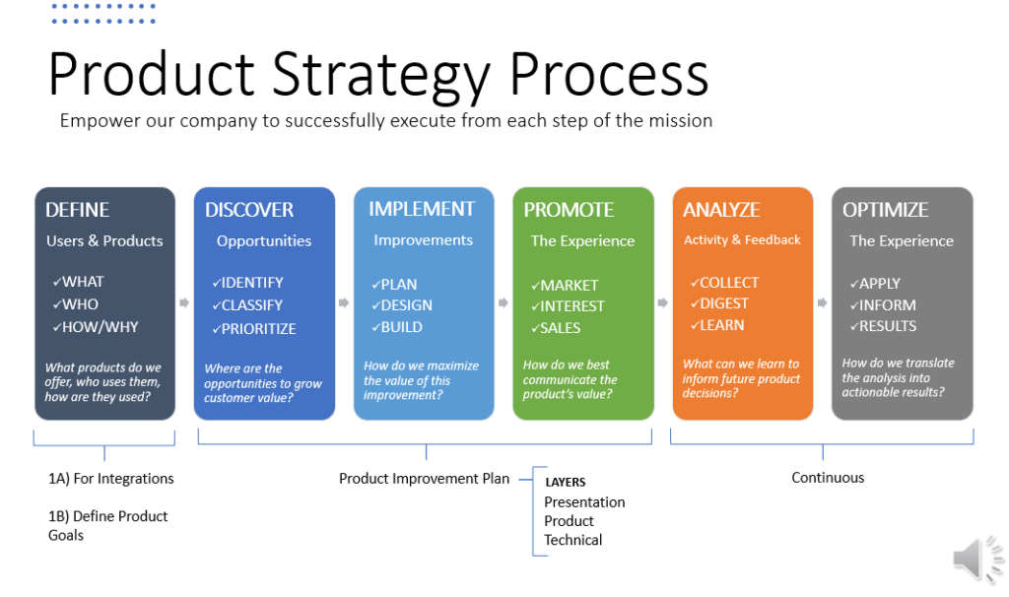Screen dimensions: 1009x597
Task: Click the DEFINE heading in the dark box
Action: click(x=77, y=210)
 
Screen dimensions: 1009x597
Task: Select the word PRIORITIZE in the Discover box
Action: click(x=259, y=329)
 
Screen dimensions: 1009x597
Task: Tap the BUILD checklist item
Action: click(x=402, y=327)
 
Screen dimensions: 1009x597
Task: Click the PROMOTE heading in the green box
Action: click(x=569, y=210)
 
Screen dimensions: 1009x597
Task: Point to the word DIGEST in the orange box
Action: click(x=724, y=303)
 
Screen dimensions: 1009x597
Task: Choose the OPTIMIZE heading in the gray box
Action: click(x=886, y=210)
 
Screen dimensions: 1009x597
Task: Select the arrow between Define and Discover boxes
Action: click(x=184, y=302)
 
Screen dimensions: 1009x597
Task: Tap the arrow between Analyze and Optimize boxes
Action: click(x=823, y=302)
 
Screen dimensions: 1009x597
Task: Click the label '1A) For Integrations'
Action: click(x=110, y=479)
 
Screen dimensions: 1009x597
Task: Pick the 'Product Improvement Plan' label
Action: click(x=424, y=479)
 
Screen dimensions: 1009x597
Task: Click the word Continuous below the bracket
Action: click(x=828, y=478)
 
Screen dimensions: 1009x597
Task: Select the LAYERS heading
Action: click(x=565, y=483)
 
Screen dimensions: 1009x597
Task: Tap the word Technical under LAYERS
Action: click(x=572, y=540)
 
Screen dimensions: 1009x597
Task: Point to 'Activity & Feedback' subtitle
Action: click(x=742, y=240)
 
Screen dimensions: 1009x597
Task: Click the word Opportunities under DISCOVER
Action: click(x=264, y=241)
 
